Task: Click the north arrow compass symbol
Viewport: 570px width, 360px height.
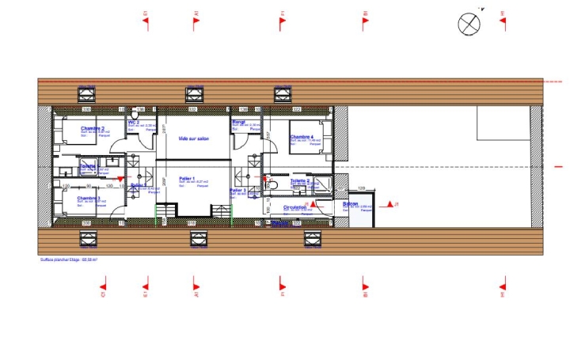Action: (x=470, y=23)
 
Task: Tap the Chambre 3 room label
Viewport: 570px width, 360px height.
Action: (x=89, y=198)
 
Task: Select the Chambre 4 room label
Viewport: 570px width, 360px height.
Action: (x=302, y=137)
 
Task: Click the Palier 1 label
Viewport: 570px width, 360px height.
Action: (x=187, y=179)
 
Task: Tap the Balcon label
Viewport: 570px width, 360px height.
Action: (x=351, y=204)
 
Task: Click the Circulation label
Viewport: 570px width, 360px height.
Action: (x=296, y=208)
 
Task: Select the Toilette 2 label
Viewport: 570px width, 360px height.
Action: (x=299, y=180)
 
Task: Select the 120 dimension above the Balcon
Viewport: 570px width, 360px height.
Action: (x=361, y=188)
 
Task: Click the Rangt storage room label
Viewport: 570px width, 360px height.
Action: (x=237, y=123)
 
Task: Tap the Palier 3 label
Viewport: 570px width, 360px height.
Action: (x=236, y=191)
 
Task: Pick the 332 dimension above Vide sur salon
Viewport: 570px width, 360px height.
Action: (x=192, y=109)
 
